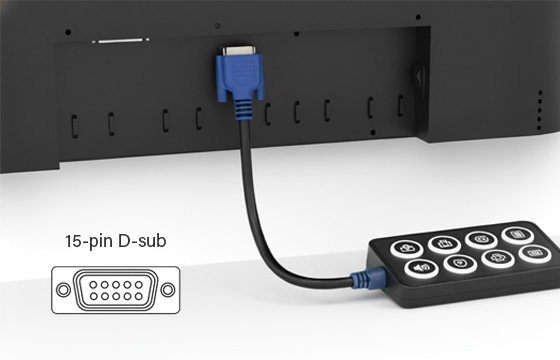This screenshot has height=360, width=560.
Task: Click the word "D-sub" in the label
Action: pyautogui.click(x=142, y=240)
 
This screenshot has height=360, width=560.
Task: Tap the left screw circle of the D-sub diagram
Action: pyautogui.click(x=63, y=290)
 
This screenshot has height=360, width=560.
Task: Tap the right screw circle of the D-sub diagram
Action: pyautogui.click(x=168, y=290)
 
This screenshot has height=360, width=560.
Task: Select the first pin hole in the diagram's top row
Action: pyautogui.click(x=93, y=285)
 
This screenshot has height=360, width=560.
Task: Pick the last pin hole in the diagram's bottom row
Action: pyautogui.click(x=139, y=296)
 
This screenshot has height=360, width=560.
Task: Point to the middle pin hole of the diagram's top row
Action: pyautogui.click(x=116, y=285)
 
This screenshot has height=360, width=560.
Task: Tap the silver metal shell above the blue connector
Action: pyautogui.click(x=238, y=50)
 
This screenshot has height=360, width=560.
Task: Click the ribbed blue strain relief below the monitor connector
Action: pyautogui.click(x=244, y=108)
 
